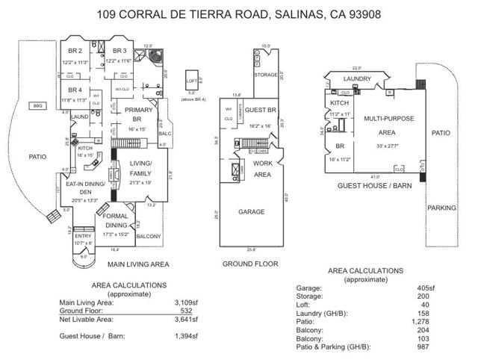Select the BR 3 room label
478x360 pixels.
point(119,51)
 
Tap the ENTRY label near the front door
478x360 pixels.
point(83,236)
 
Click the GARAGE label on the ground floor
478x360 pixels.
point(251,211)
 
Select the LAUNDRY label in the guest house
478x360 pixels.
point(357,78)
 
